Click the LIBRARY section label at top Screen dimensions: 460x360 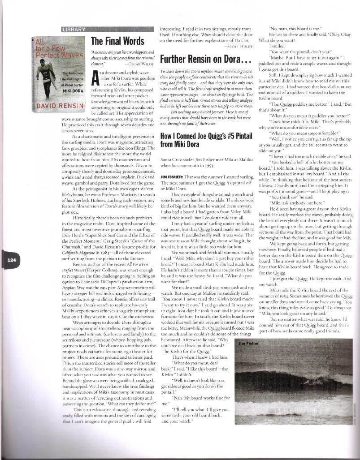[x=74, y=30]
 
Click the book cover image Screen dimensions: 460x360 [x=58, y=74]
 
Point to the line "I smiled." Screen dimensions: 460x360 [x=276, y=46]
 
